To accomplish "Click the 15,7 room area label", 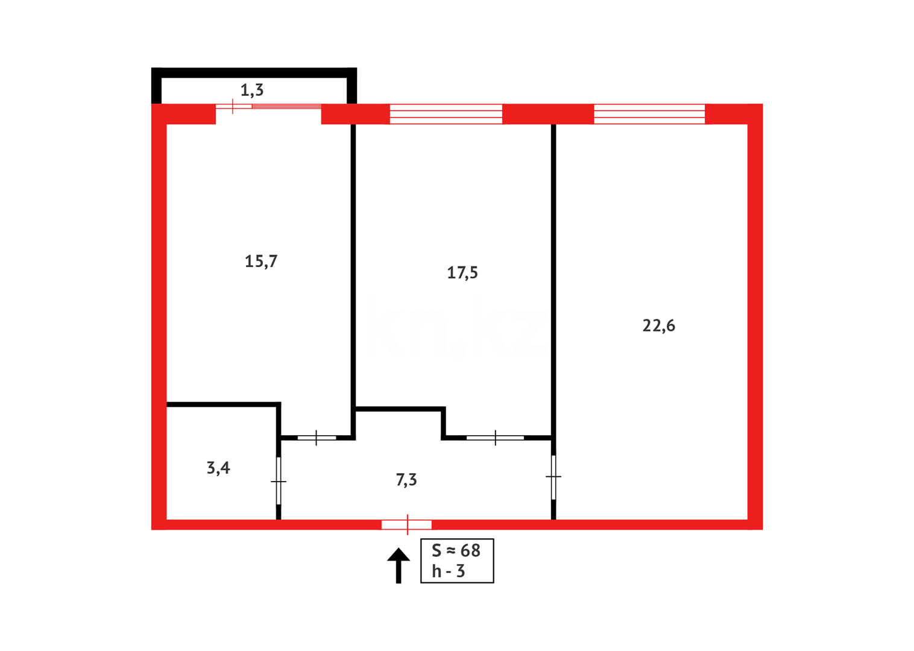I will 261,261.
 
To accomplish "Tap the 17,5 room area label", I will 462,272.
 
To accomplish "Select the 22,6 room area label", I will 658,325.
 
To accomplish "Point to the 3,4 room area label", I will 218,468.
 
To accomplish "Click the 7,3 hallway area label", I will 406,480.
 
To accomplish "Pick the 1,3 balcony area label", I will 252,90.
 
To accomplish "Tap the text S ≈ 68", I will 456,550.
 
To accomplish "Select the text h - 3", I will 449,571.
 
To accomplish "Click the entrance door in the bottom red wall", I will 406,525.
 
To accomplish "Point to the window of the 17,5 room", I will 446,114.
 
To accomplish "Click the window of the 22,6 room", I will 649,114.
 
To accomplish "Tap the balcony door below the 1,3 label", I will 268,107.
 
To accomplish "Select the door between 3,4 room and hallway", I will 279,481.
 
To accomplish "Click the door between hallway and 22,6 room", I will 553,477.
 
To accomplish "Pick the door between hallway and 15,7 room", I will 317,437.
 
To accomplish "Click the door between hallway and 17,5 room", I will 495,437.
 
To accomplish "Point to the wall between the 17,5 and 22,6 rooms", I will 553,271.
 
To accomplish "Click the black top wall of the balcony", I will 253,72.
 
